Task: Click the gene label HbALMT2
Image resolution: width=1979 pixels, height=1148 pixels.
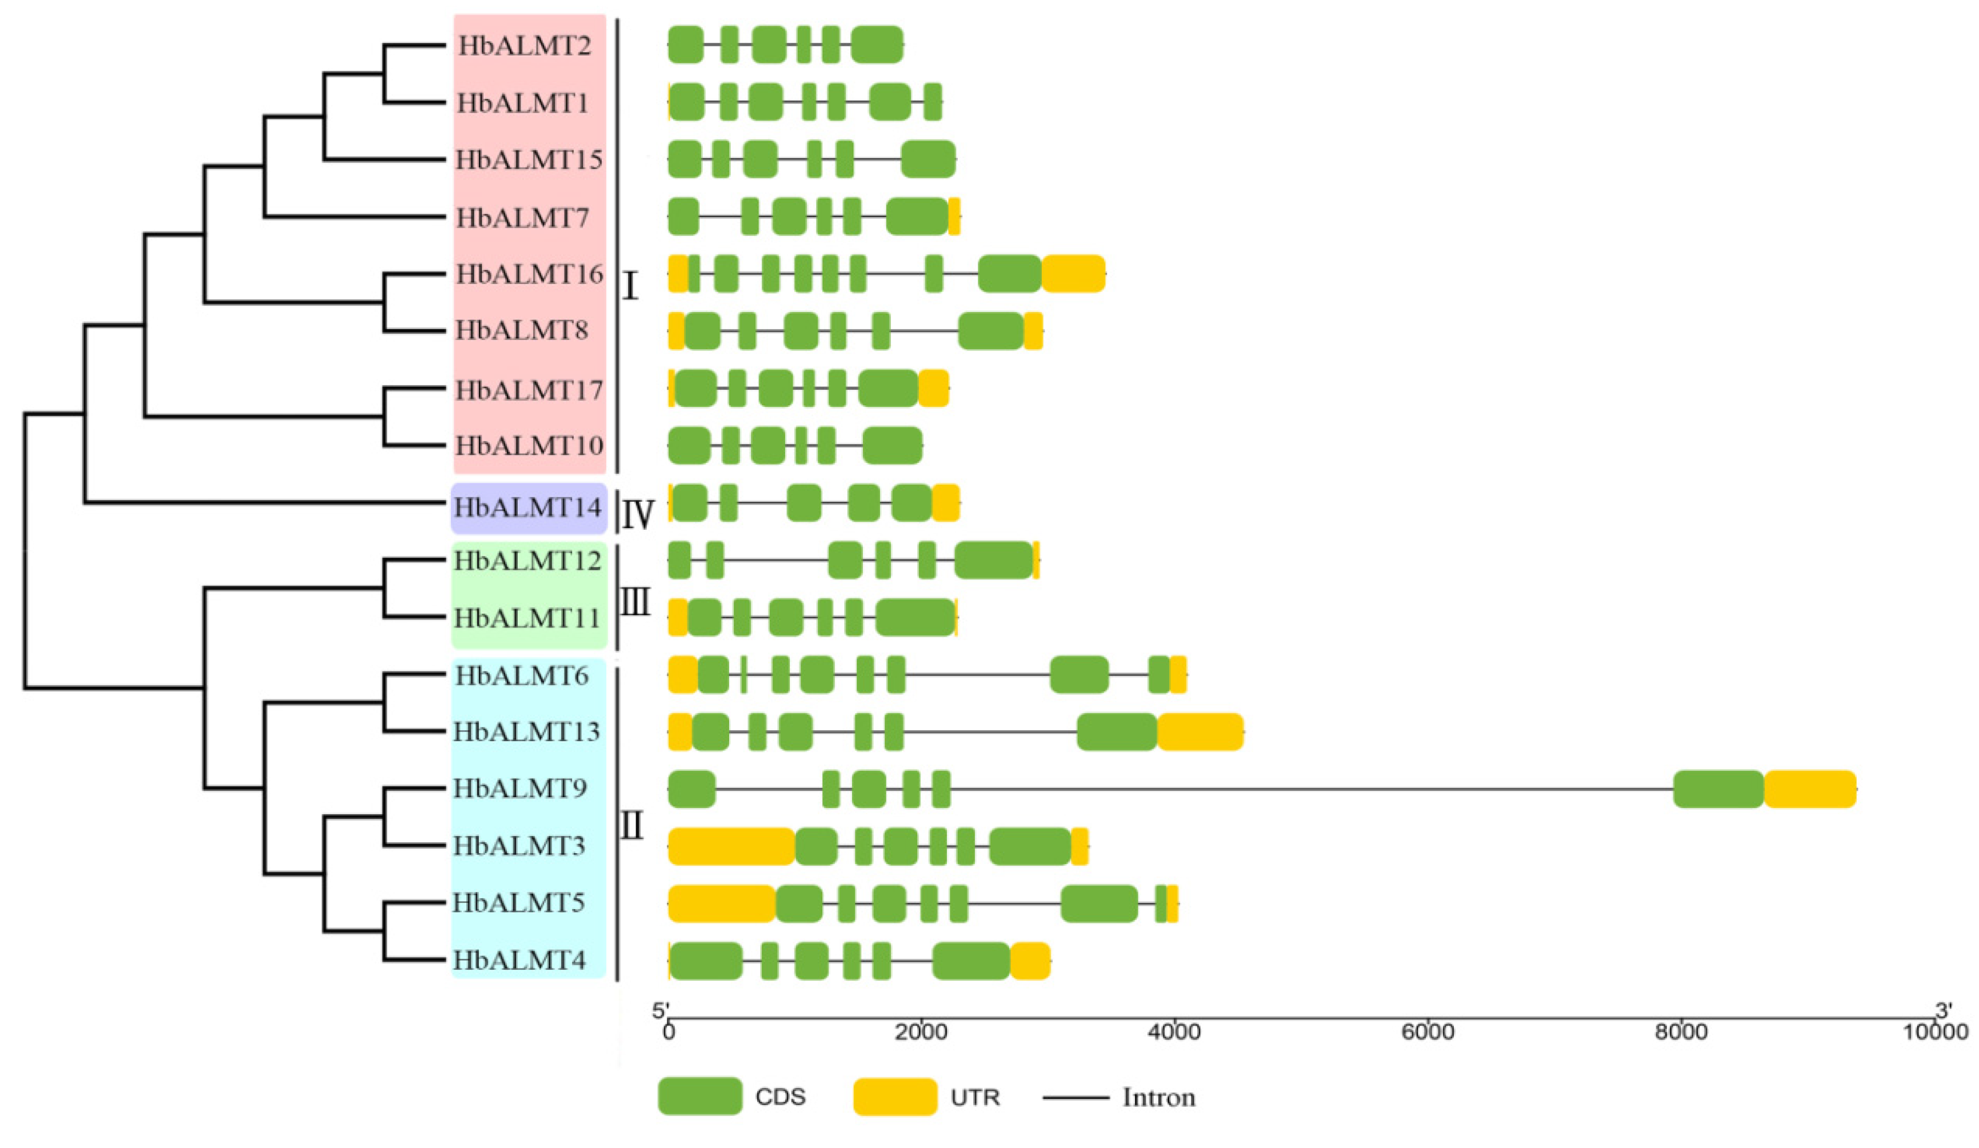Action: (x=524, y=46)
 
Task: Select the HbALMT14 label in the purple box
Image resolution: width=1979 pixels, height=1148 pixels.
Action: (x=527, y=508)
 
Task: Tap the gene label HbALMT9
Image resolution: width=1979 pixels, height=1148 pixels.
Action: (x=520, y=789)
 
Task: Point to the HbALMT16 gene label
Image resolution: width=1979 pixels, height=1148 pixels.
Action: (x=529, y=274)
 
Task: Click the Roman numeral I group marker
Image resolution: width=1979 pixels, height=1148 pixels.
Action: (x=629, y=287)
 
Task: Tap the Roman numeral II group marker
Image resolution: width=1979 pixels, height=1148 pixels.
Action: (x=631, y=825)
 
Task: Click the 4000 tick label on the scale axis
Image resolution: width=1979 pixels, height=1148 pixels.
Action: (x=1175, y=1053)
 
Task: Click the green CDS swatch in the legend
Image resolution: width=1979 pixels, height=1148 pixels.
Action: (x=699, y=1096)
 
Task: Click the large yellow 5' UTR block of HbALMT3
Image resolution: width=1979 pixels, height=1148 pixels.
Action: (x=731, y=846)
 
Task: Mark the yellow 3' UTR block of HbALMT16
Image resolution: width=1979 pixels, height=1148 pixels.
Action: (x=1073, y=274)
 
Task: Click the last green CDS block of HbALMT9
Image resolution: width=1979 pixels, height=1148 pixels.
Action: (x=1718, y=789)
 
